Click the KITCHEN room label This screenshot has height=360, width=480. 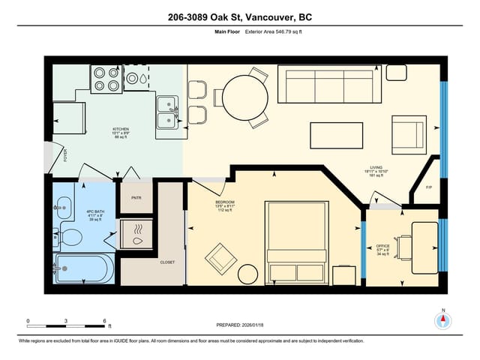[121, 129]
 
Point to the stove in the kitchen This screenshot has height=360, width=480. [106, 78]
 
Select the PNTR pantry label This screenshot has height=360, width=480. [136, 198]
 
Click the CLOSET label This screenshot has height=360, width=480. [167, 262]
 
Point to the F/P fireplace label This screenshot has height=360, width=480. [429, 187]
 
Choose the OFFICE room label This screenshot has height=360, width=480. [382, 246]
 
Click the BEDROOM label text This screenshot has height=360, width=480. [225, 202]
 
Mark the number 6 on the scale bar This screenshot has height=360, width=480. [105, 320]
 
